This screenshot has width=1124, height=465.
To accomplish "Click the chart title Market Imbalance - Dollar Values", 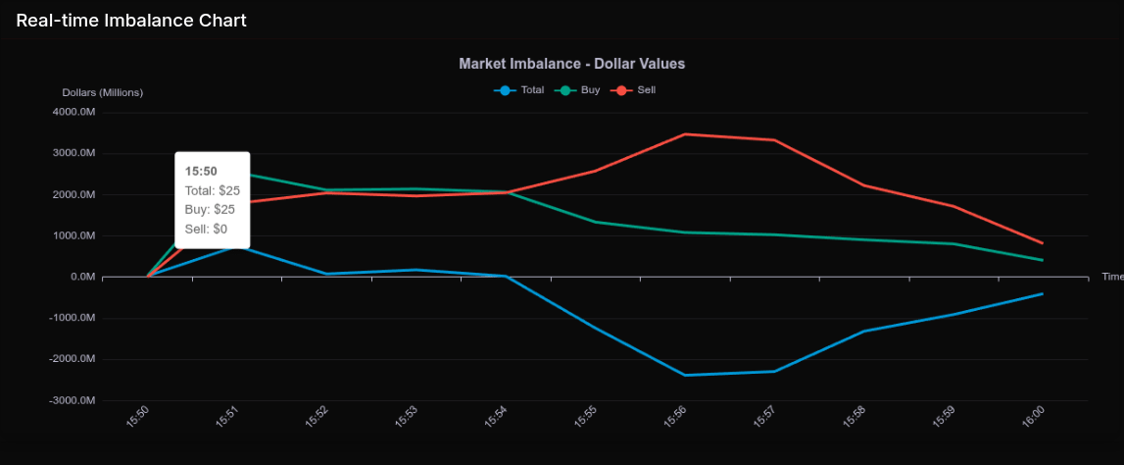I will point(571,64).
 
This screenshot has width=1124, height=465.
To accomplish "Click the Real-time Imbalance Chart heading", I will point(131,20).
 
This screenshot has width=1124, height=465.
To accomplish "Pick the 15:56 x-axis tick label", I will point(675,417).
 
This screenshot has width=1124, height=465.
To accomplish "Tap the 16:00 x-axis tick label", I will point(1032,417).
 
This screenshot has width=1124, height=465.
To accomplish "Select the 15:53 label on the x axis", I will point(406,417).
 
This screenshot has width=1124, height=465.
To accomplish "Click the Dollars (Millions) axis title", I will point(103,92).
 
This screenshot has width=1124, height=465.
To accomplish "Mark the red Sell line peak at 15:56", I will point(685,134).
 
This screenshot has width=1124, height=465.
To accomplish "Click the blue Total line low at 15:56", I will point(685,375).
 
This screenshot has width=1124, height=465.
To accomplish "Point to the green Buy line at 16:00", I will point(1042,260).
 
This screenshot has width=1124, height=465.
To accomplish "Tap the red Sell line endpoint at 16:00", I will point(1042,243).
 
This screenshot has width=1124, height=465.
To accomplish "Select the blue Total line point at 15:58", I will point(863,332).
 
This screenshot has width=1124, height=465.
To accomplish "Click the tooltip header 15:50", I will point(201,172).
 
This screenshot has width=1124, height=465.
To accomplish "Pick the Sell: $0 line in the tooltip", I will point(206,229).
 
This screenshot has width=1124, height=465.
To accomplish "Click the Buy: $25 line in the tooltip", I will point(210,209).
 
